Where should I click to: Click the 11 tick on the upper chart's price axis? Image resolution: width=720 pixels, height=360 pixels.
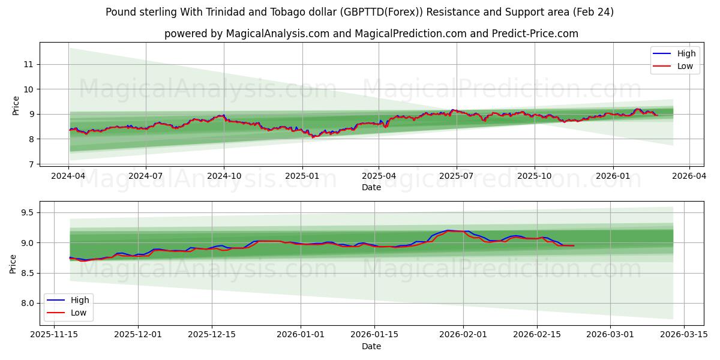[29, 64]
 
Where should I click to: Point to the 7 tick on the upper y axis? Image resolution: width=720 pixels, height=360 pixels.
[31, 164]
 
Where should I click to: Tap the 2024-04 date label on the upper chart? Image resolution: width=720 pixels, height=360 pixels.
[68, 176]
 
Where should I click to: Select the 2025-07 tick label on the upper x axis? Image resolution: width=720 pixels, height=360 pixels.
[456, 176]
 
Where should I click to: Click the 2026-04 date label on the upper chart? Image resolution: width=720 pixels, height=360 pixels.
[689, 176]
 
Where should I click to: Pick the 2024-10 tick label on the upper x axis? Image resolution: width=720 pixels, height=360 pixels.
[224, 176]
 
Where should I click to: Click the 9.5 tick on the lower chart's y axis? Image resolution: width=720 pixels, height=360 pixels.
[26, 212]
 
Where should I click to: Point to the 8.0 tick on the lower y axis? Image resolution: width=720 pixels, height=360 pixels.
[26, 303]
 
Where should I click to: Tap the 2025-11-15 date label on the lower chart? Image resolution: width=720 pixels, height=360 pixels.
[55, 335]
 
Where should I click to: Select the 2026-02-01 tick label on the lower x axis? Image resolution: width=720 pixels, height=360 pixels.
[463, 335]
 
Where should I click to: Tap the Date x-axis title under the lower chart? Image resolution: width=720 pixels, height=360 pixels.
[371, 346]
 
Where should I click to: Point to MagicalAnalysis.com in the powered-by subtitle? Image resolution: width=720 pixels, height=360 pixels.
[277, 34]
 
